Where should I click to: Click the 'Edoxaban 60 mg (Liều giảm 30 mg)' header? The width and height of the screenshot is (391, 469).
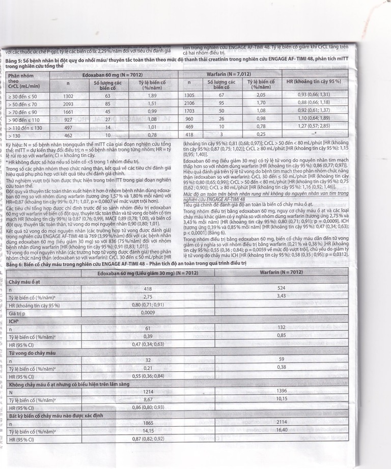coord(147,272)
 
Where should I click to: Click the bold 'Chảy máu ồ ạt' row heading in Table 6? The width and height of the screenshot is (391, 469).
coord(23,281)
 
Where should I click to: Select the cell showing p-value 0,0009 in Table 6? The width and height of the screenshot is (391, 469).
coord(148,313)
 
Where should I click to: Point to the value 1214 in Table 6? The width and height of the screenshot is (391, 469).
coord(148,393)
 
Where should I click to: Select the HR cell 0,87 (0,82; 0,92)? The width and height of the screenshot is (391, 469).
coord(148,438)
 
